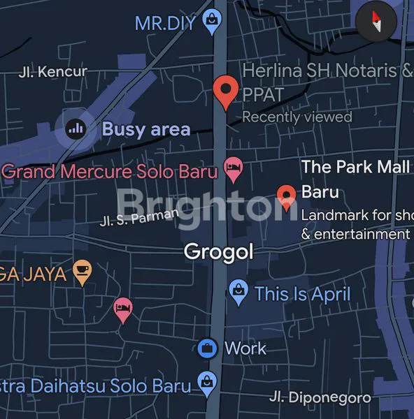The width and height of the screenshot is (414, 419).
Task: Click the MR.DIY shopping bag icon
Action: [x=210, y=23]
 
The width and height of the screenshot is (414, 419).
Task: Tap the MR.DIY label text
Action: [x=165, y=24]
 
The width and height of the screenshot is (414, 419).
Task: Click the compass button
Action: [x=377, y=22]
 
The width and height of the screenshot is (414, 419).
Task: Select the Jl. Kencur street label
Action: [x=53, y=71]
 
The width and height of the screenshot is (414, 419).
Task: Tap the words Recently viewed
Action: [x=297, y=117]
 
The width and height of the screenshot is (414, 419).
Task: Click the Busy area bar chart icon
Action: [x=76, y=128]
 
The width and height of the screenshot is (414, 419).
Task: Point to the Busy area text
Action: [x=145, y=129]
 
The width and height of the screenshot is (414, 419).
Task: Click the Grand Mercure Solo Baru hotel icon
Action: [x=232, y=168]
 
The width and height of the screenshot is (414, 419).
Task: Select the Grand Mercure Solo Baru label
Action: [x=110, y=170]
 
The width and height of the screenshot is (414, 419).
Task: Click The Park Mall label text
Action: [x=355, y=168]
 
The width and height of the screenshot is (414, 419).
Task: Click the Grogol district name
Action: [x=218, y=251]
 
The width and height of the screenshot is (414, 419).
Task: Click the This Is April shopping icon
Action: [x=238, y=293]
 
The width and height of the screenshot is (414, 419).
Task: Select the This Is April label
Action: [x=302, y=293]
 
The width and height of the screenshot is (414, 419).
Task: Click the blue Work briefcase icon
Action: [x=206, y=348]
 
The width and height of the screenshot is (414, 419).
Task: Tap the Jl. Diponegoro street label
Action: [x=320, y=397]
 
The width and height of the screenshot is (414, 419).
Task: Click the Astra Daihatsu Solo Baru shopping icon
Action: [x=207, y=381]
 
